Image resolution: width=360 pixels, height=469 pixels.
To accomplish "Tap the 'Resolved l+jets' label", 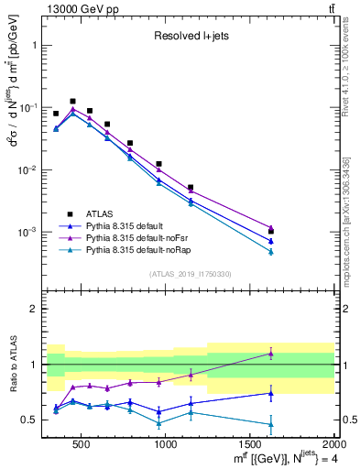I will point(191,37).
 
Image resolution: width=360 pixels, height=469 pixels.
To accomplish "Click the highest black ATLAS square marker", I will point(72,102).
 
